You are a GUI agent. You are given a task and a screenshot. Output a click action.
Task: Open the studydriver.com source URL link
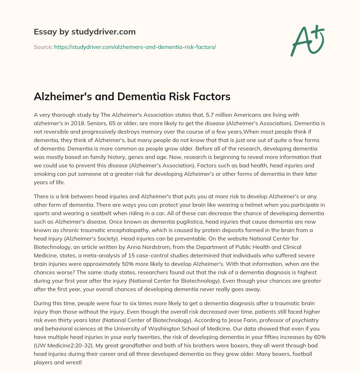coord(135,46)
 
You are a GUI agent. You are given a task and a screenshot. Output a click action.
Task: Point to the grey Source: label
coord(43,46)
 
